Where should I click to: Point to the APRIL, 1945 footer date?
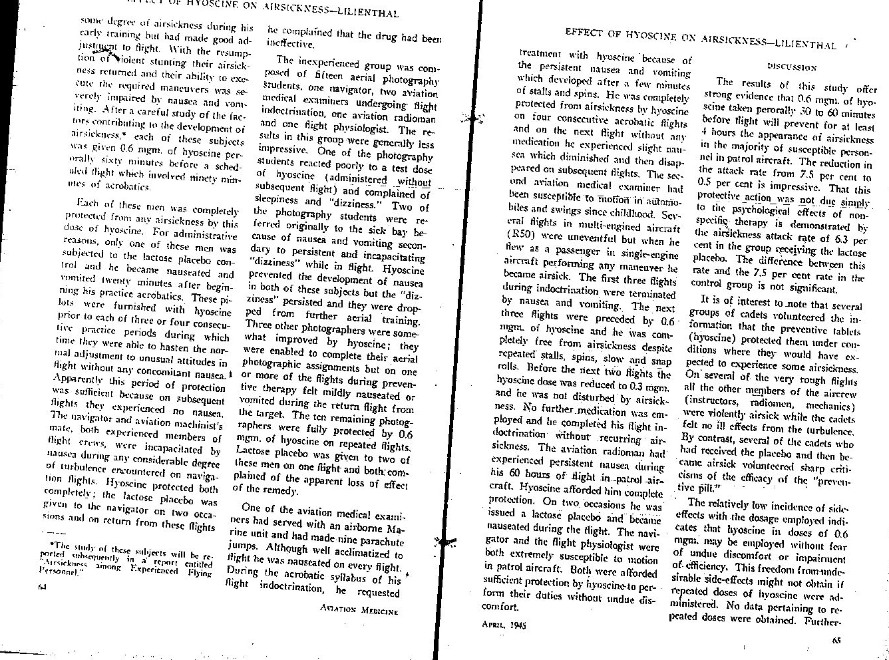tap(503, 625)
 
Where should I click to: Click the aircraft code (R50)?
tap(518, 234)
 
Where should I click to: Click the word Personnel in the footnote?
tap(55, 571)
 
